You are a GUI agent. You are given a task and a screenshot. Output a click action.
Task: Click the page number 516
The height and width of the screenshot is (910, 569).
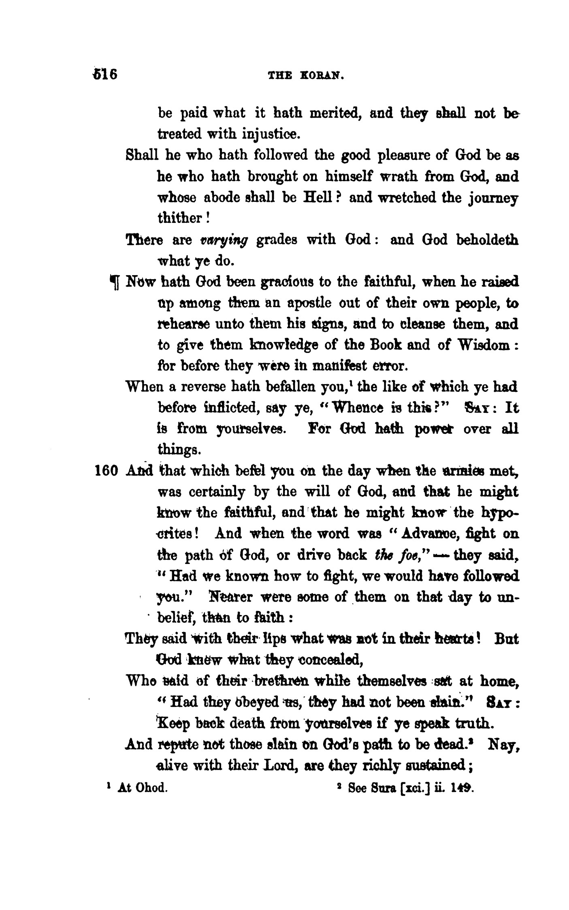coord(105,75)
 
